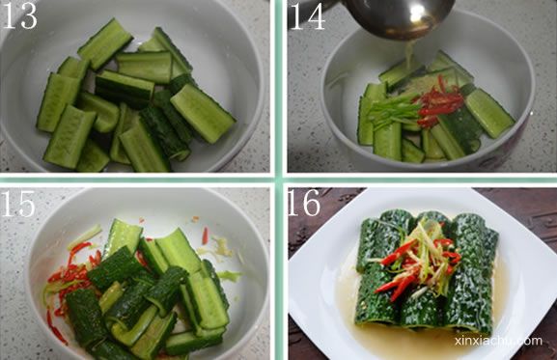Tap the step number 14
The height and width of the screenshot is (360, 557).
[308, 16]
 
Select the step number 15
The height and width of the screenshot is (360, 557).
[18, 203]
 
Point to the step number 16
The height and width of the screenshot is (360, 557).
[304, 203]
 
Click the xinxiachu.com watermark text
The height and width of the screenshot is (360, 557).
[498, 341]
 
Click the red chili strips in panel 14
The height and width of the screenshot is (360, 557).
[440, 102]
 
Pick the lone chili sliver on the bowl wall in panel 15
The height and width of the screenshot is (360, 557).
[205, 235]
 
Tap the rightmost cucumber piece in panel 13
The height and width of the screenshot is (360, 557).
[203, 114]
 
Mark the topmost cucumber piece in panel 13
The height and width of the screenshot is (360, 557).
[105, 44]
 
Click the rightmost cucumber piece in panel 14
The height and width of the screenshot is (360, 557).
[489, 113]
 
